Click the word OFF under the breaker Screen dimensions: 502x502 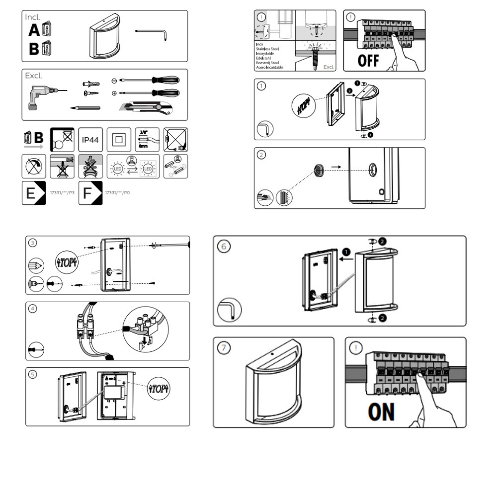[x=369, y=61]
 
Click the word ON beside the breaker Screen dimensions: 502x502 [x=381, y=412]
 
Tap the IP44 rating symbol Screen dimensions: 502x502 [x=90, y=140]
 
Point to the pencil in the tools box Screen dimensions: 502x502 [x=85, y=107]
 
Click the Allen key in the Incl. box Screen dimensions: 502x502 [x=153, y=33]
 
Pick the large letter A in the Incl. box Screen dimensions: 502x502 [x=34, y=31]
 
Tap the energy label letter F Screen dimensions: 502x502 [x=88, y=193]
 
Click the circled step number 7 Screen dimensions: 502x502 [x=225, y=348]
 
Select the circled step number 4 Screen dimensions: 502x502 [x=33, y=309]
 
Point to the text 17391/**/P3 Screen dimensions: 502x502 [x=63, y=192]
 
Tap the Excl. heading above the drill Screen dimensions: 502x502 [x=34, y=76]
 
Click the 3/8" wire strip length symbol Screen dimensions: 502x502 [x=147, y=139]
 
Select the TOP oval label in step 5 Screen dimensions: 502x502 [x=159, y=388]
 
